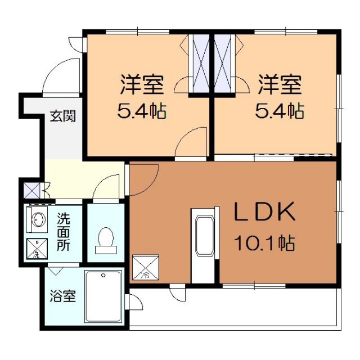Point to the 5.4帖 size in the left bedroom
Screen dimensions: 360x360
pyautogui.click(x=141, y=111)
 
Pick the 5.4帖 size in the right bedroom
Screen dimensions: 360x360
pyautogui.click(x=280, y=111)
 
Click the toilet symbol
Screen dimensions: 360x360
pyautogui.click(x=105, y=238)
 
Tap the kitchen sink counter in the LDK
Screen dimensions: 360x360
pyautogui.click(x=203, y=245)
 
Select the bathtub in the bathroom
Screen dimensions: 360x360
pyautogui.click(x=103, y=296)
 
